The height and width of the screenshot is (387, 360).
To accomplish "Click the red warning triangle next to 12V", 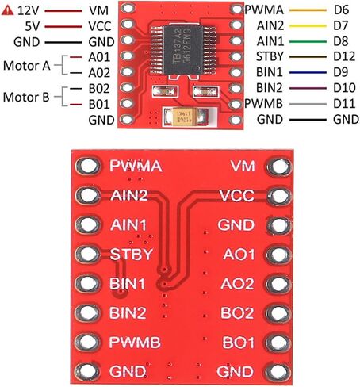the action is click(x=7, y=10).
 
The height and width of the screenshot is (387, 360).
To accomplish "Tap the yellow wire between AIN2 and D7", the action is click(x=308, y=26).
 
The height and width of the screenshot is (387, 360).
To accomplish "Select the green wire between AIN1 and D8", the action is click(x=308, y=41).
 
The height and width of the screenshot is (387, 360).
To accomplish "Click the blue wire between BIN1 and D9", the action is click(x=308, y=72).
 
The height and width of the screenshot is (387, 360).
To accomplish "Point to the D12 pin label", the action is click(x=344, y=56).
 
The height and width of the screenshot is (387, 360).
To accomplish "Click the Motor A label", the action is click(x=26, y=66).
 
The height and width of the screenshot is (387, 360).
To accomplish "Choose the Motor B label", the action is click(x=26, y=97).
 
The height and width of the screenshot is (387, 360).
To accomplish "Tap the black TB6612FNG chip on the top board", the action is click(x=183, y=49).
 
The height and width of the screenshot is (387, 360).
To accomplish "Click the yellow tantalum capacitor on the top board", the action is click(x=185, y=117).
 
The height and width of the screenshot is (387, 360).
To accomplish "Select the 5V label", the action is click(x=33, y=26).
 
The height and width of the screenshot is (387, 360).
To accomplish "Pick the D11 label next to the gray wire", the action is click(x=344, y=104).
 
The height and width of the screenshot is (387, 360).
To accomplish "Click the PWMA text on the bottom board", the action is click(x=136, y=166).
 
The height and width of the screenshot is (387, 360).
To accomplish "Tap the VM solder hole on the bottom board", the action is click(x=279, y=167).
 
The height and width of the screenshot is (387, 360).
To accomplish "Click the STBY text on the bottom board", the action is click(x=132, y=254).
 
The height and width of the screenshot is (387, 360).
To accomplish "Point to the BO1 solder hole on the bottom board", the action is click(x=279, y=343).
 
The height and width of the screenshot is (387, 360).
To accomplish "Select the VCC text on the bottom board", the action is click(x=236, y=196).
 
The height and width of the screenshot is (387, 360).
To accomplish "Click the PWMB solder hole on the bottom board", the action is click(x=87, y=342).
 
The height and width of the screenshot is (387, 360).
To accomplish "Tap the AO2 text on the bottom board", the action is click(x=237, y=284).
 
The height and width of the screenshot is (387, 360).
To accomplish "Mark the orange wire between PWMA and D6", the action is click(x=308, y=10).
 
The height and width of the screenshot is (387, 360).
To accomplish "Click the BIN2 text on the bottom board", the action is click(x=128, y=313).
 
